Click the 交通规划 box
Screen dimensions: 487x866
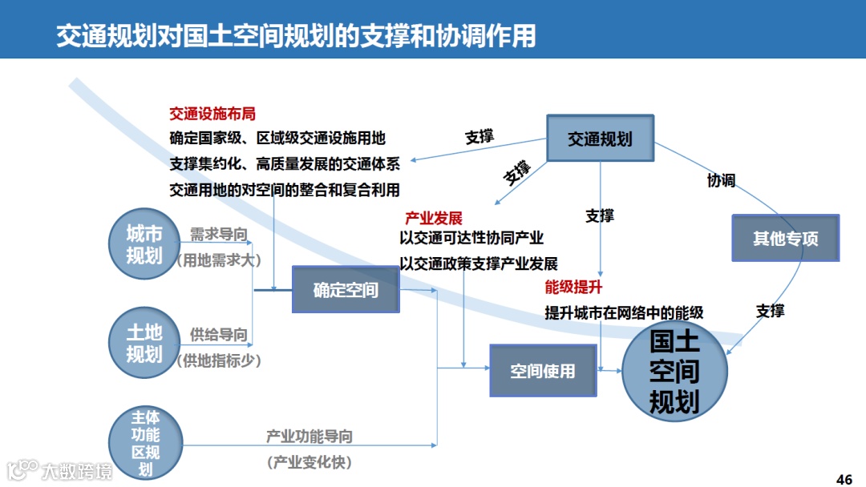[x=600, y=139]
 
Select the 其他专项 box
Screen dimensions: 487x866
[x=785, y=238]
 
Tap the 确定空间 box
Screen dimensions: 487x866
[x=346, y=289]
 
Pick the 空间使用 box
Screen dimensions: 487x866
[x=543, y=371]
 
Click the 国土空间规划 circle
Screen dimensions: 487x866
[x=674, y=372]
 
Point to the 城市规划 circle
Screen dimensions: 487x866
[x=144, y=245]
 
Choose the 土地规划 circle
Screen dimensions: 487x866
[x=144, y=344]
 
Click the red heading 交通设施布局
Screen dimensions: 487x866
[x=212, y=115]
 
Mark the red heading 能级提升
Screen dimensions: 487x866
[x=573, y=288]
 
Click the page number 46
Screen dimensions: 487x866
[x=844, y=480]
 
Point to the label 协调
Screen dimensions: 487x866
[x=721, y=180]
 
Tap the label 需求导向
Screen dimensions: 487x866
[x=218, y=235]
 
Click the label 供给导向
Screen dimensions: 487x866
[x=218, y=335]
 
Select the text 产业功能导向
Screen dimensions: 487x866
[x=310, y=437]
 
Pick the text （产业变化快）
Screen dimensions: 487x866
[x=310, y=462]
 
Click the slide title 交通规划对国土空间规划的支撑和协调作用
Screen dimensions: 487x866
[x=296, y=36]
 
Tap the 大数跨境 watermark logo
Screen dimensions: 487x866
[x=60, y=470]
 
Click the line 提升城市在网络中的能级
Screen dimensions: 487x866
[x=624, y=313]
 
